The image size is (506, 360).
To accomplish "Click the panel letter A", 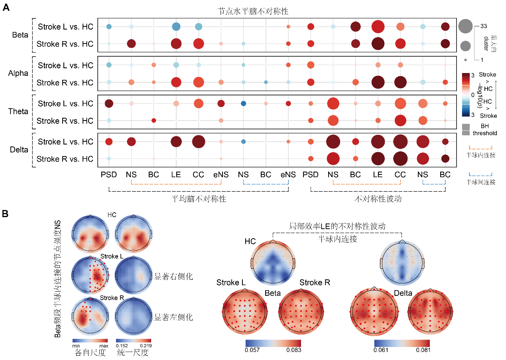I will click(6, 8).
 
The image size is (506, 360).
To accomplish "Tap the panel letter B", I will click(6, 214).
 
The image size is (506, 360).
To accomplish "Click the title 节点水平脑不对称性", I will click(253, 12).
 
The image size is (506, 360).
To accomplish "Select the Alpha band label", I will click(18, 73).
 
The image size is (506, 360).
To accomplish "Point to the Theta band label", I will click(18, 112).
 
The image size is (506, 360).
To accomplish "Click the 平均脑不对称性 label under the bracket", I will click(198, 198).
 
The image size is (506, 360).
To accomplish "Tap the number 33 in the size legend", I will click(483, 26).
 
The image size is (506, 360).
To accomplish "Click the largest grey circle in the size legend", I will click(465, 26).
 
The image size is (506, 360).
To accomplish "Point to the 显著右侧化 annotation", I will click(173, 276).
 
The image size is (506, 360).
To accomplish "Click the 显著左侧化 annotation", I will click(173, 318).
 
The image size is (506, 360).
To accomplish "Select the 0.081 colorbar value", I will click(423, 350).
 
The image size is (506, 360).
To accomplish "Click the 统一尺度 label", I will click(132, 353).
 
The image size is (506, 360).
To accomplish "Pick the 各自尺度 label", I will click(90, 353).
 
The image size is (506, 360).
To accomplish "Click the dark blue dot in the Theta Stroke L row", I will click(243, 104).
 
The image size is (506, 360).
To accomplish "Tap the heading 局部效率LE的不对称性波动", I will click(337, 226).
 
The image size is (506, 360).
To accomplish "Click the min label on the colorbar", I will click(77, 346).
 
